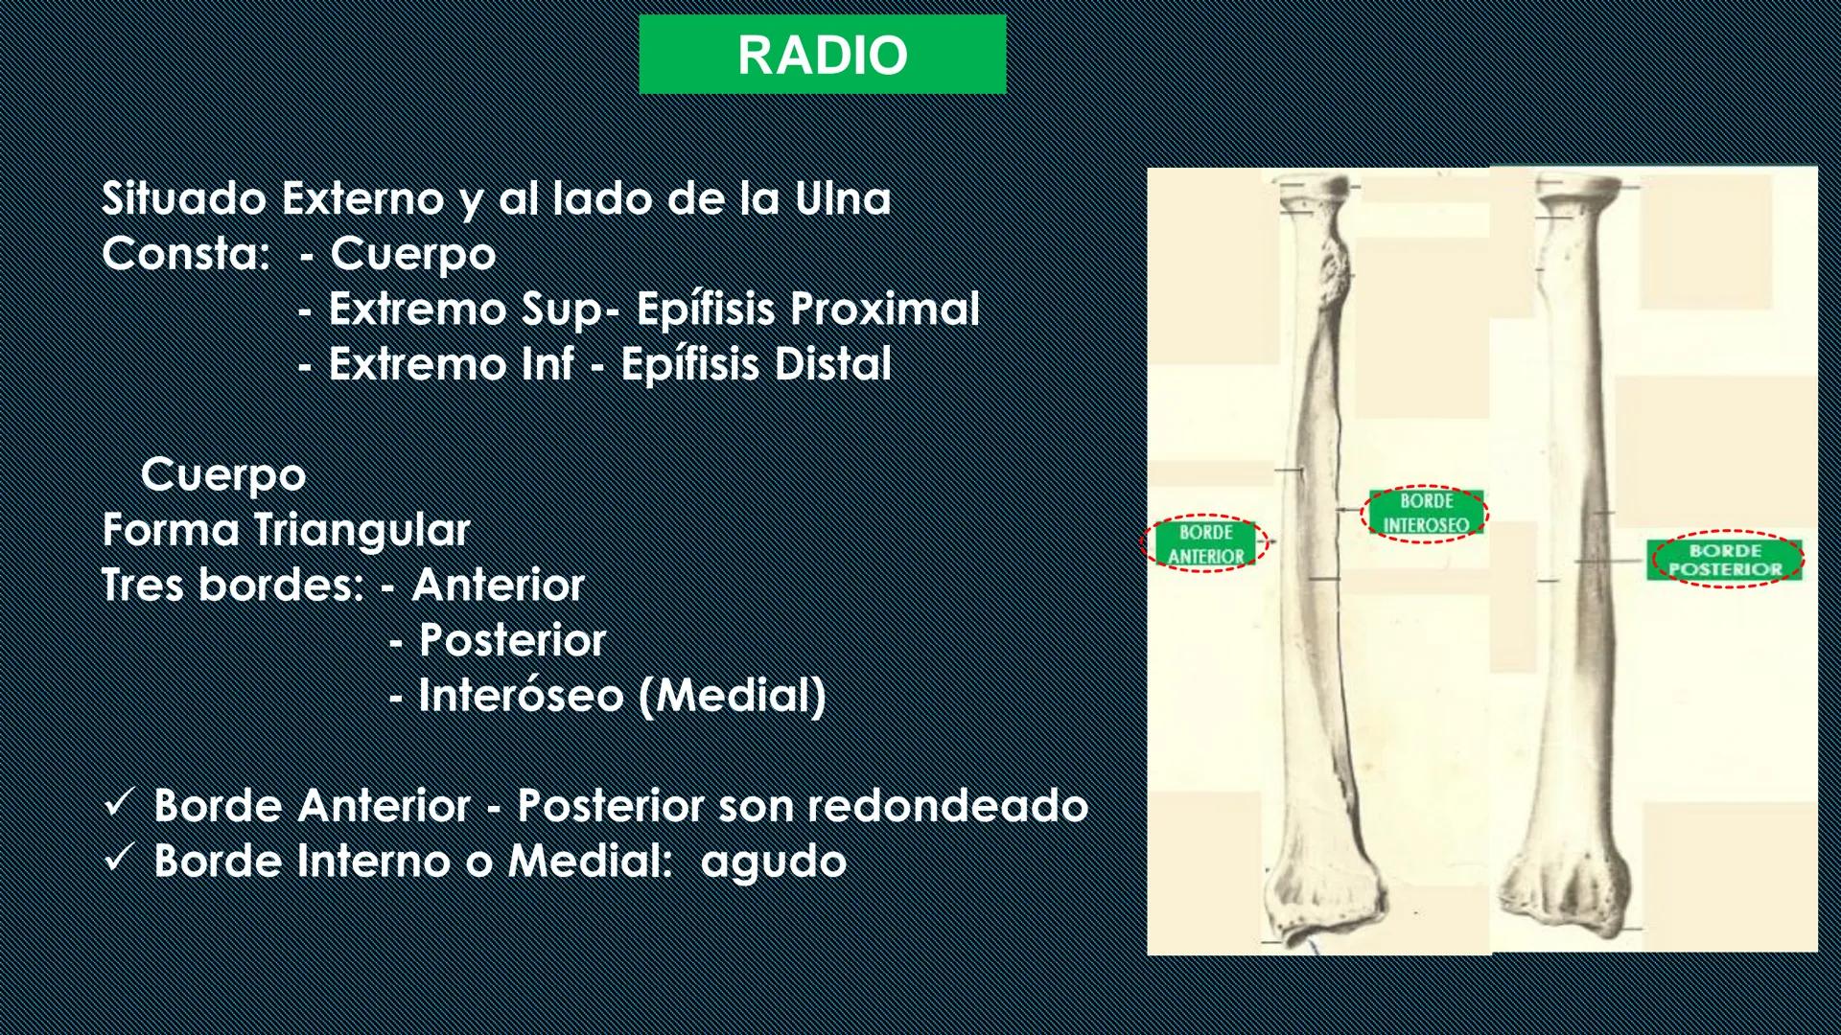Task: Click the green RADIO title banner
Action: tap(822, 55)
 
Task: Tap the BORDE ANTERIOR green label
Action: tap(1205, 543)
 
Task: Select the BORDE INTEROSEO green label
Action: tap(1426, 513)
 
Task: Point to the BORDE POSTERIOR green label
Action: tap(1725, 560)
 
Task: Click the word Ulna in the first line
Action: tap(843, 199)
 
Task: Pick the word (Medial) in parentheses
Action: tap(732, 695)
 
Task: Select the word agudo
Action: tap(774, 862)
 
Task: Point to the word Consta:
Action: tap(186, 255)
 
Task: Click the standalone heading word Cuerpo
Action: tap(223, 474)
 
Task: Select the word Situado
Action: tap(184, 199)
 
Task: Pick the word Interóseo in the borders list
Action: tap(521, 695)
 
